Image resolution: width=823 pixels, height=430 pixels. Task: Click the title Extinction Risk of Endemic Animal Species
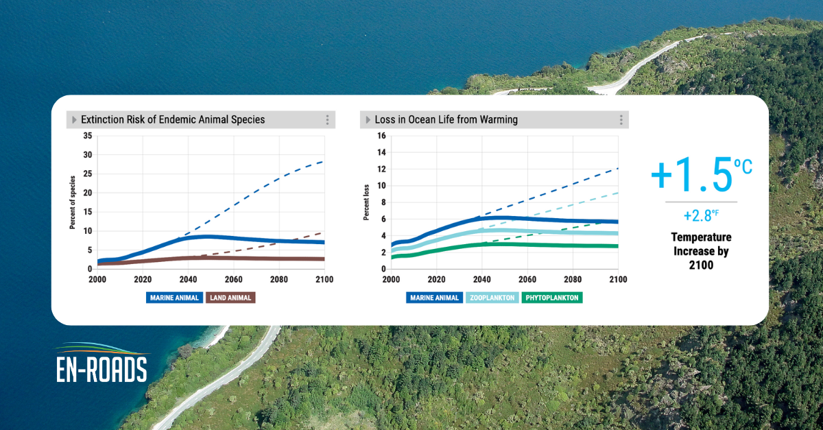173,120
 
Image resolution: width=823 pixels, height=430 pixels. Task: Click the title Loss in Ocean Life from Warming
446,120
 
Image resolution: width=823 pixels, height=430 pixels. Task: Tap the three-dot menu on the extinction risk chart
327,120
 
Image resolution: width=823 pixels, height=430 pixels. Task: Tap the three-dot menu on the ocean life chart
621,120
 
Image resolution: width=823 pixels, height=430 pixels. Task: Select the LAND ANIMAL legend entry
230,298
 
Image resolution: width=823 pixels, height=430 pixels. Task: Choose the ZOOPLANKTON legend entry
492,298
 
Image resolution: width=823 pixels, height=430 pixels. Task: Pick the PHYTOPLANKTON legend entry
552,298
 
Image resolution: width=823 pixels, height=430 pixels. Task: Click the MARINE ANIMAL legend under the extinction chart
173,298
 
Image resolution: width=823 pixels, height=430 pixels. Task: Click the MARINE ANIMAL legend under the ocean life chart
435,298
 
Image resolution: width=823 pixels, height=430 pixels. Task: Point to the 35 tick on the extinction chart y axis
86,136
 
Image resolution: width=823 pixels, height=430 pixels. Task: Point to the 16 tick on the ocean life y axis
382,136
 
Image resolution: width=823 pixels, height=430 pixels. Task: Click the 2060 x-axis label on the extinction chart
233,280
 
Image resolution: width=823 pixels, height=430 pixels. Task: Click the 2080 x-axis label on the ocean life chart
573,280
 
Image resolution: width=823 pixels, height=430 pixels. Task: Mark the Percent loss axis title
366,202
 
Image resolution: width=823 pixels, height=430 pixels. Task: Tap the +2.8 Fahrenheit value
700,216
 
